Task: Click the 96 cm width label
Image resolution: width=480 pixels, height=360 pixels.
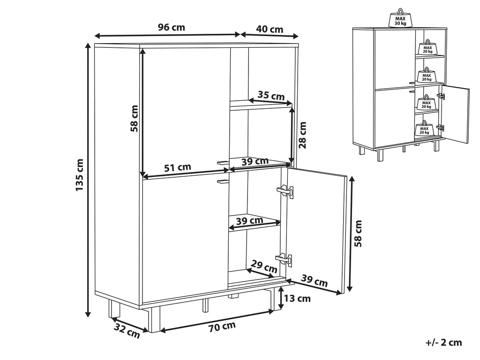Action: [171, 27]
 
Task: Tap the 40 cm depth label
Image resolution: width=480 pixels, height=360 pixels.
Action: [270, 29]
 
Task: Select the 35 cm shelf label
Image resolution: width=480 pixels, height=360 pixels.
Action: [271, 96]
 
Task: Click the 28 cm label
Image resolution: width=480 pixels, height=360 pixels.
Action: [303, 135]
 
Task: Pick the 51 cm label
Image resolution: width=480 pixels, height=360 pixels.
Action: [178, 167]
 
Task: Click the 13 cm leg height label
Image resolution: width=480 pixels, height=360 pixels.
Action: [298, 298]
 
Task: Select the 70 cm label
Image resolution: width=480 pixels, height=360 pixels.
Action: [222, 326]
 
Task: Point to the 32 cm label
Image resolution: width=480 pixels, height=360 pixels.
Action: [127, 331]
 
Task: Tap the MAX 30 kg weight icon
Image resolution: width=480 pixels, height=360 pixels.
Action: [400, 19]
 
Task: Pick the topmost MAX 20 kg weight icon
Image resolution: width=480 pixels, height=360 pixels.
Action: [427, 49]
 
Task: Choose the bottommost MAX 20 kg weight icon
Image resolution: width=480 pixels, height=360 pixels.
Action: [425, 129]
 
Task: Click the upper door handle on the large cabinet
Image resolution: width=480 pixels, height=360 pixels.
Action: [223, 162]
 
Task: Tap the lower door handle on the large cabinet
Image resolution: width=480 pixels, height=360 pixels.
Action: [223, 180]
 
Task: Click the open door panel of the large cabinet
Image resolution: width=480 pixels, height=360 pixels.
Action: [316, 230]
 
